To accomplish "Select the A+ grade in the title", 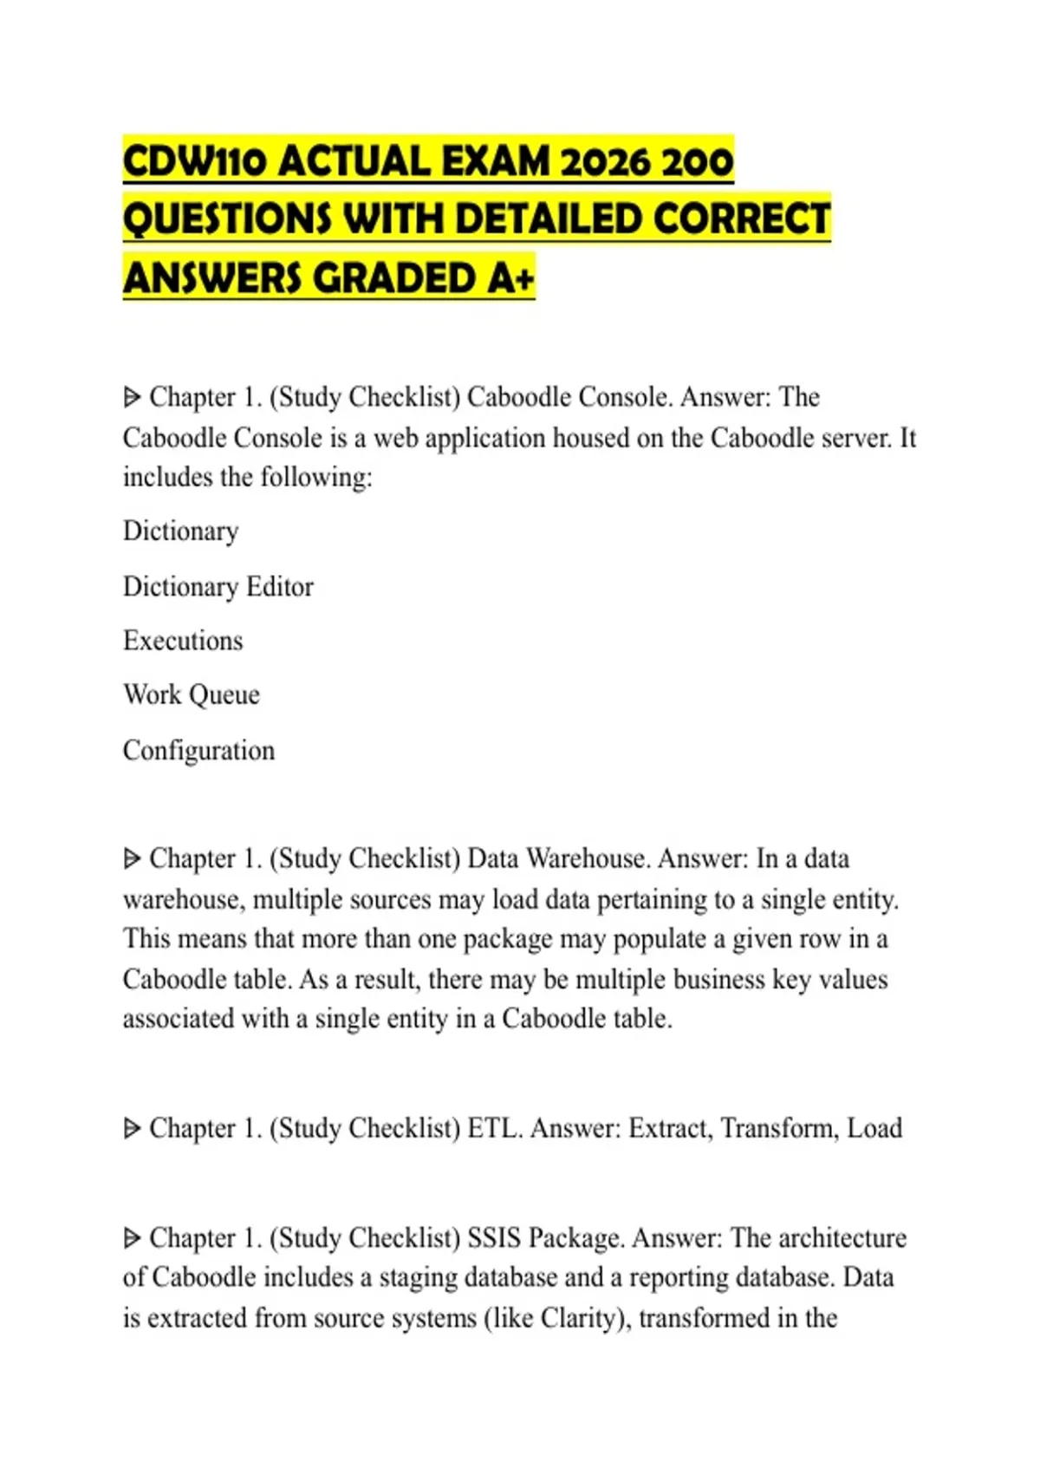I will tap(510, 278).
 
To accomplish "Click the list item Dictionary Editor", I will tap(218, 587).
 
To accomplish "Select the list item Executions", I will tap(183, 641).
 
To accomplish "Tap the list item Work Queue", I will tap(191, 695).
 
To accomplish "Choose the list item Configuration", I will tap(198, 750).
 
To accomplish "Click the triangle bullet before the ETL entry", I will tap(132, 1129).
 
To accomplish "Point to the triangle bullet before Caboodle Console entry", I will tap(132, 398).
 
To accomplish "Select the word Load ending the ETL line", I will tap(874, 1128).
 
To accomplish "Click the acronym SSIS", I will tap(494, 1237).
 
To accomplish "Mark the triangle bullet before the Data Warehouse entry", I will tap(132, 859).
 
